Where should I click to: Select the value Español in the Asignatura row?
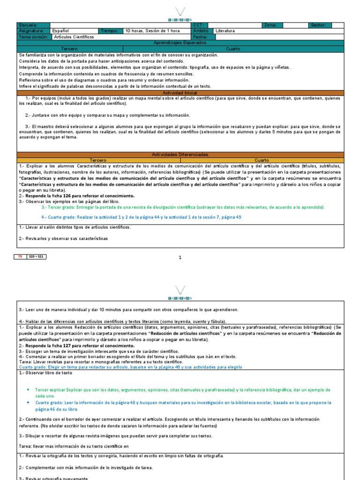coord(61,31)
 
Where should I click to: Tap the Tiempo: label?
coord(110,31)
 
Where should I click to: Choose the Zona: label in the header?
coord(271,25)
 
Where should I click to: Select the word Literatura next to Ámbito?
coord(225,31)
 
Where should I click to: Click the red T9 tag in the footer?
coord(20,256)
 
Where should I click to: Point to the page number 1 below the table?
coord(180,257)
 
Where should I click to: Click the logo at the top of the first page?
coord(180,14)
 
